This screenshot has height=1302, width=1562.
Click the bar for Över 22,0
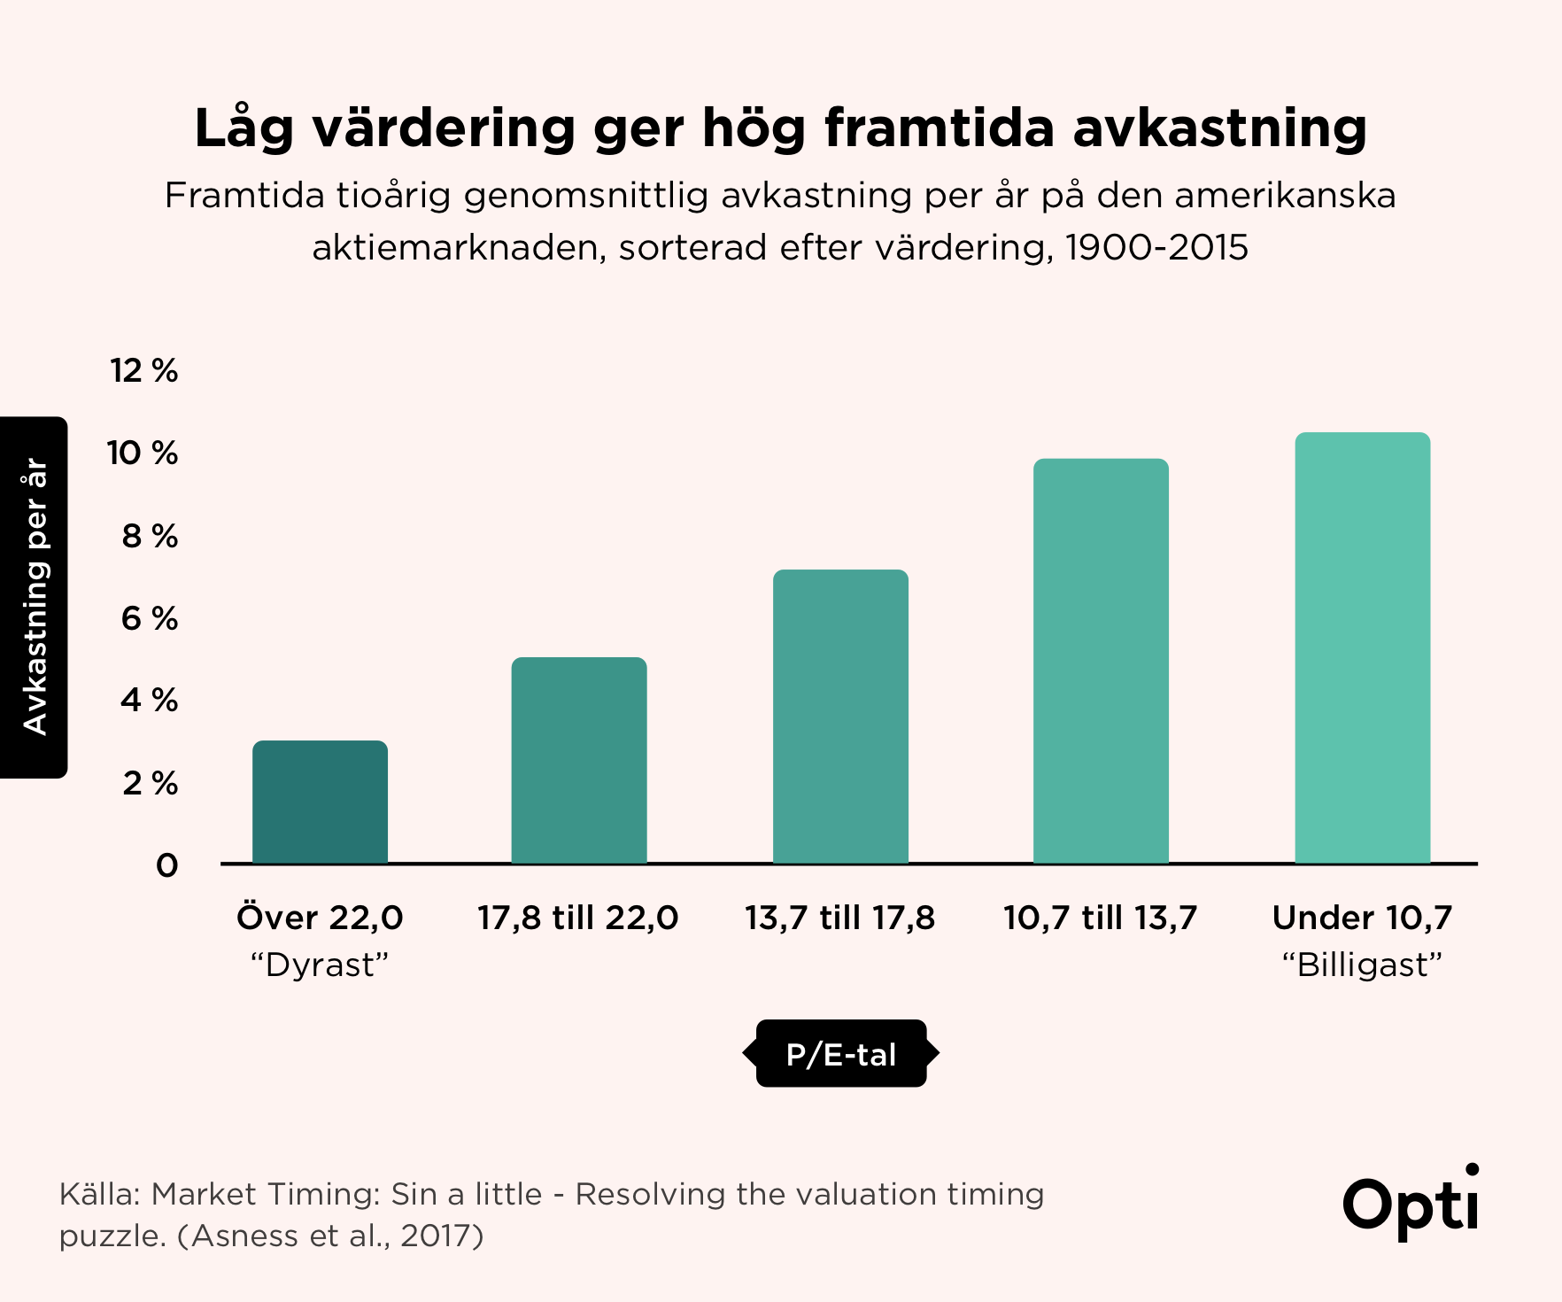(x=320, y=802)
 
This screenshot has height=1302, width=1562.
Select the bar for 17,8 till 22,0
(x=579, y=760)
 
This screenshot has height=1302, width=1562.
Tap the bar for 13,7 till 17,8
(x=840, y=716)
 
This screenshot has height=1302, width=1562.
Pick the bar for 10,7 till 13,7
(x=1101, y=661)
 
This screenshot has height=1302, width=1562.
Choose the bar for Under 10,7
(x=1362, y=647)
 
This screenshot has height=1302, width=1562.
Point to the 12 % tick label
(x=143, y=370)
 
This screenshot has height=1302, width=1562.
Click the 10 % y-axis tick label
(x=143, y=453)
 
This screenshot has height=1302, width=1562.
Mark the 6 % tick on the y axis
(x=149, y=618)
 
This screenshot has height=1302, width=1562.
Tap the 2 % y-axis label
(x=150, y=783)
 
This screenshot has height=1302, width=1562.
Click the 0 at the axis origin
(x=166, y=865)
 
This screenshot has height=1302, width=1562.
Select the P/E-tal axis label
(x=841, y=1054)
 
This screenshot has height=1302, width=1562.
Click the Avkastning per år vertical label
(x=35, y=597)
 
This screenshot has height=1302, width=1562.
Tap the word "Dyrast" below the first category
(x=320, y=965)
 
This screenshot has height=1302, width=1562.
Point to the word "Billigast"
(x=1362, y=965)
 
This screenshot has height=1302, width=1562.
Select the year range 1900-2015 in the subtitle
(x=1156, y=248)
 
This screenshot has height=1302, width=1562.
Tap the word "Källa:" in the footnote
(x=98, y=1194)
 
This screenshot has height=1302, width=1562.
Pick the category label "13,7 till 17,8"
(x=839, y=918)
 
